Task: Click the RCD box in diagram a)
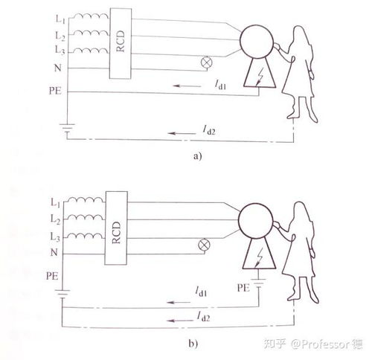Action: click(121, 44)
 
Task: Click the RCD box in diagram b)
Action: click(116, 228)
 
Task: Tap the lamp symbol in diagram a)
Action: click(206, 62)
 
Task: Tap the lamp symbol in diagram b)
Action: click(204, 245)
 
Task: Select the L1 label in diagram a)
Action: click(60, 19)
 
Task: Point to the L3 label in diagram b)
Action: click(55, 237)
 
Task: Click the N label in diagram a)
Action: click(58, 68)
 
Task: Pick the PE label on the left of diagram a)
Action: click(55, 91)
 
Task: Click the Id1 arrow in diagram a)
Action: click(187, 86)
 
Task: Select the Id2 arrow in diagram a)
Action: click(182, 133)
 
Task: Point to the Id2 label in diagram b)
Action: click(203, 317)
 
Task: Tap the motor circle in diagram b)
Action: click(256, 220)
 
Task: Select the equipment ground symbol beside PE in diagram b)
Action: click(259, 283)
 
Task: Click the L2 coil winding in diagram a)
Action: click(92, 33)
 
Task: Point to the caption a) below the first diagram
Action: click(198, 156)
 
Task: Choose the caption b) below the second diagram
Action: click(193, 344)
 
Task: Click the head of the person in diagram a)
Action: click(301, 33)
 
